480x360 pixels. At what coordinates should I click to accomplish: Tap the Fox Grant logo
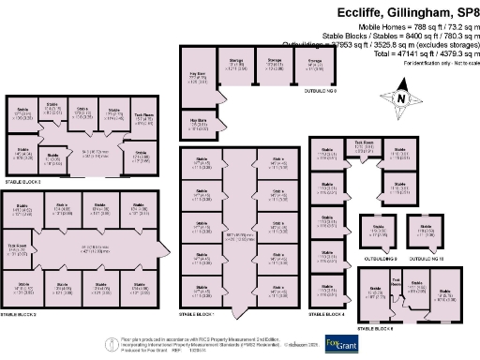pyautogui.click(x=339, y=343)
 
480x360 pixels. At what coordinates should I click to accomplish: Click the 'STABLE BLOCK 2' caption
pyautogui.click(x=22, y=314)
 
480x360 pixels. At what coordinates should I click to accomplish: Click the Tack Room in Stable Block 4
pyautogui.click(x=362, y=146)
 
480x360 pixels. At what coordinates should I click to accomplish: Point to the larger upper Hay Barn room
pyautogui.click(x=198, y=80)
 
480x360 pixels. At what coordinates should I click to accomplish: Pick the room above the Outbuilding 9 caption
pyautogui.click(x=378, y=232)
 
